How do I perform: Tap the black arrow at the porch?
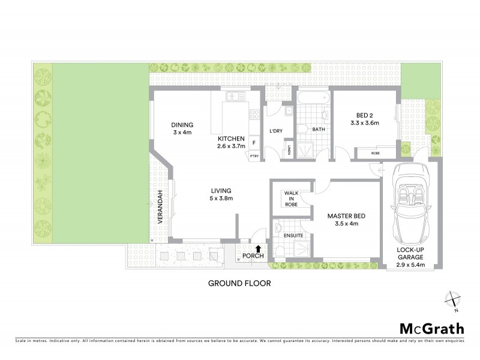click(258, 248)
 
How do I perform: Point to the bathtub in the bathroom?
click(311, 98)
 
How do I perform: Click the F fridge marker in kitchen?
click(254, 143)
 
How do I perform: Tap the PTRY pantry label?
click(254, 155)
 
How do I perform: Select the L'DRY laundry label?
click(276, 131)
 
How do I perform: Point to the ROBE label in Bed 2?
click(376, 153)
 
